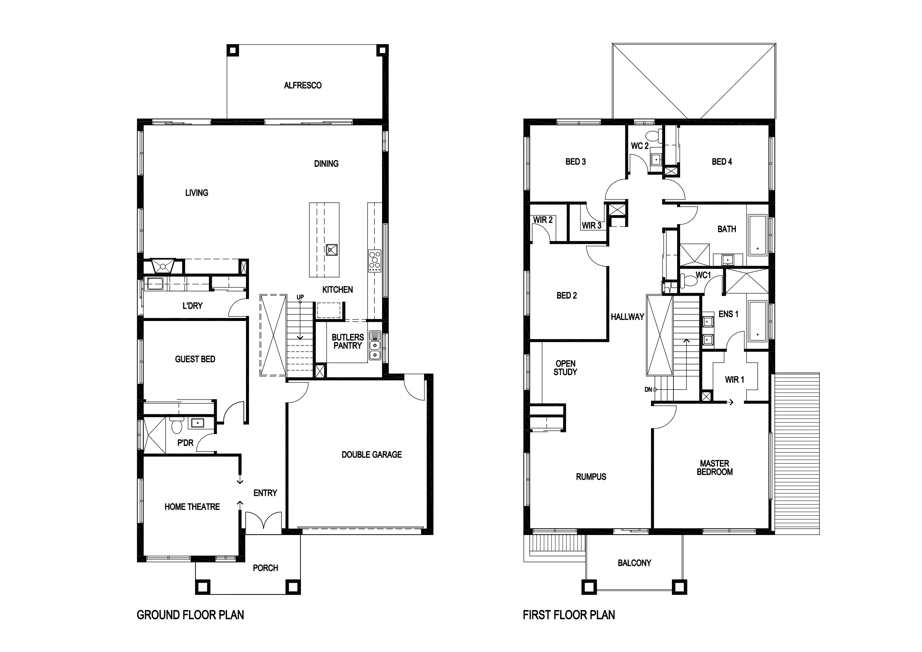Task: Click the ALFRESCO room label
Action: [303, 85]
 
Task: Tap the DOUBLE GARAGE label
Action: [372, 454]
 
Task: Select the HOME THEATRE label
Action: [192, 507]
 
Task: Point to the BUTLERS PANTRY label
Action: [348, 341]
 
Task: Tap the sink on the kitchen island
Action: [332, 250]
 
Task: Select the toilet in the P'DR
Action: [177, 426]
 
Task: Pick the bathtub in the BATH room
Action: [758, 235]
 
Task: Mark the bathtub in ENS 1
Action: [757, 321]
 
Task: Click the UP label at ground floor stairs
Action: [300, 297]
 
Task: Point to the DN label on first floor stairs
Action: [648, 389]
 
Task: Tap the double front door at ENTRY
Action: [263, 521]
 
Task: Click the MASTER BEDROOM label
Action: [714, 468]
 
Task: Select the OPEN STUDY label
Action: [565, 368]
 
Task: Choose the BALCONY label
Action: [634, 563]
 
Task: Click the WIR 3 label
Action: [592, 226]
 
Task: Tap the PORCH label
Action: [265, 568]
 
